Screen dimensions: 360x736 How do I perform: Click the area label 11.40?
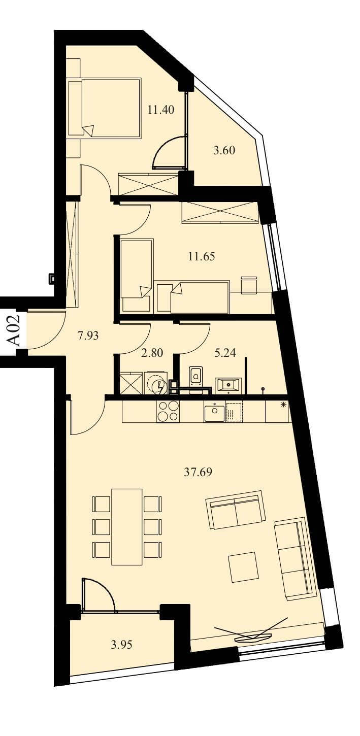tap(161, 110)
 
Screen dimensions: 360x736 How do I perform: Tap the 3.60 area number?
tap(224, 150)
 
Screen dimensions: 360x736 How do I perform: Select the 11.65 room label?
tap(202, 256)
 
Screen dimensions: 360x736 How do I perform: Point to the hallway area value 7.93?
tap(88, 336)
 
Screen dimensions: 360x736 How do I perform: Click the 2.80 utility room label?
tap(152, 353)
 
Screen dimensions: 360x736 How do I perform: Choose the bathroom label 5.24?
tap(225, 353)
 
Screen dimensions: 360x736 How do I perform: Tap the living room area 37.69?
tap(198, 472)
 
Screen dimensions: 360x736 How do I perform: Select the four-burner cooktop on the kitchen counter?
tap(168, 411)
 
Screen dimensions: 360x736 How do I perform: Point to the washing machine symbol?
tap(155, 382)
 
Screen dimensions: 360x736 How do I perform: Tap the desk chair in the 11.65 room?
tap(249, 285)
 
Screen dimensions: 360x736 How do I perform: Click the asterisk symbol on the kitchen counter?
tap(282, 405)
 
